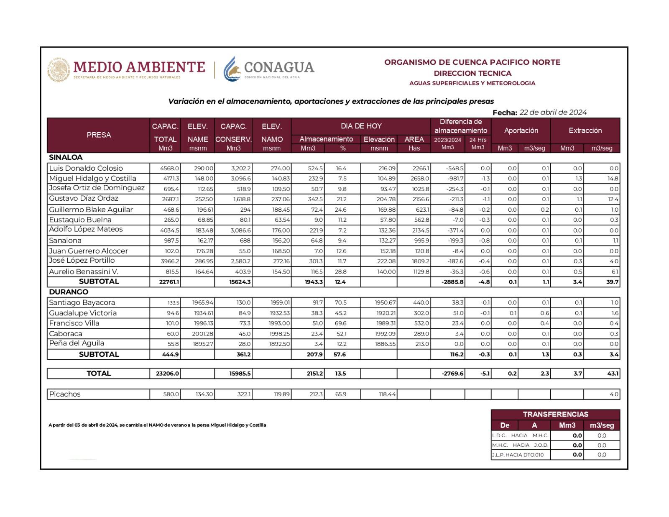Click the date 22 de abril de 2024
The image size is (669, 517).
553,112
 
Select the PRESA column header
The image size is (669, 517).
99,135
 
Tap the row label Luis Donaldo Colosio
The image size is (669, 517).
86,168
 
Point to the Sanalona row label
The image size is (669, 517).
65,241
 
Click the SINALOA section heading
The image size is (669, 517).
66,158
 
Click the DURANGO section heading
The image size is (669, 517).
69,292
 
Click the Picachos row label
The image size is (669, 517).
65,394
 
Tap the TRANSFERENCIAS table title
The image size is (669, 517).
555,414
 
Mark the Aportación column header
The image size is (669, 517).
521,131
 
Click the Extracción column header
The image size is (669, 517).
585,131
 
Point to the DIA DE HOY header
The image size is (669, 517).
361,126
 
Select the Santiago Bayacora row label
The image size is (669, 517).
82,302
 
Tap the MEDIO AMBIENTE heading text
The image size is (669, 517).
139,67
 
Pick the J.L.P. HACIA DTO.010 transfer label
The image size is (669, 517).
518,455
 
